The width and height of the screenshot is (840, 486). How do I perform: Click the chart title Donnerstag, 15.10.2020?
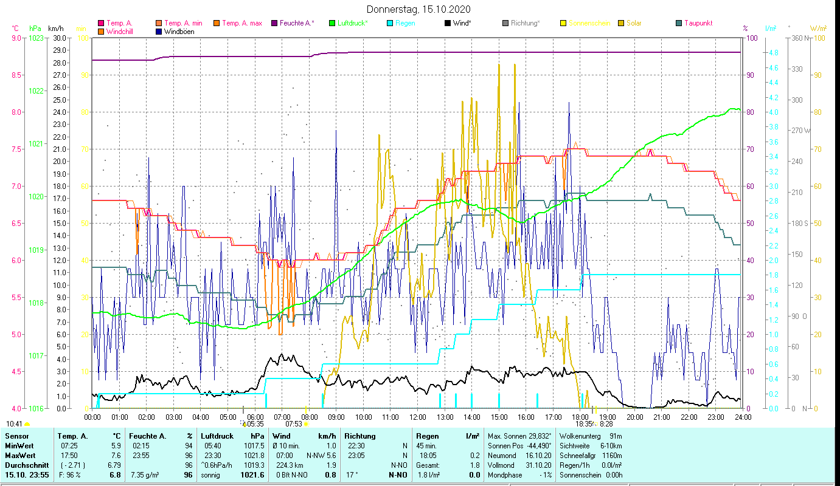click(419, 10)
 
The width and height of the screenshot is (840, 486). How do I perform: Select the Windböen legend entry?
click(179, 32)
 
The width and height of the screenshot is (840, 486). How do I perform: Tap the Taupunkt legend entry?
click(698, 23)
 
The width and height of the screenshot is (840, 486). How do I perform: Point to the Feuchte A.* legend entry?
click(297, 23)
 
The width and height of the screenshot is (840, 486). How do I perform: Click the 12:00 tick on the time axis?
click(418, 417)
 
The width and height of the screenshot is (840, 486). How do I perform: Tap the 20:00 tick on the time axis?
click(635, 417)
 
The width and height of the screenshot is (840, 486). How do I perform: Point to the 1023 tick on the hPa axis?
click(36, 38)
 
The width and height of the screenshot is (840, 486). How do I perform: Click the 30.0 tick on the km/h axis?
click(60, 38)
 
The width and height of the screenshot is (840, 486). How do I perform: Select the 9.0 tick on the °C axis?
click(16, 38)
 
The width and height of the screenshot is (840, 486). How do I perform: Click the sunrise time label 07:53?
click(294, 424)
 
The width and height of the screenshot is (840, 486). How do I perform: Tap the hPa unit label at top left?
click(35, 28)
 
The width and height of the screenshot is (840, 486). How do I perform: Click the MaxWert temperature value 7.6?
click(116, 455)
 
